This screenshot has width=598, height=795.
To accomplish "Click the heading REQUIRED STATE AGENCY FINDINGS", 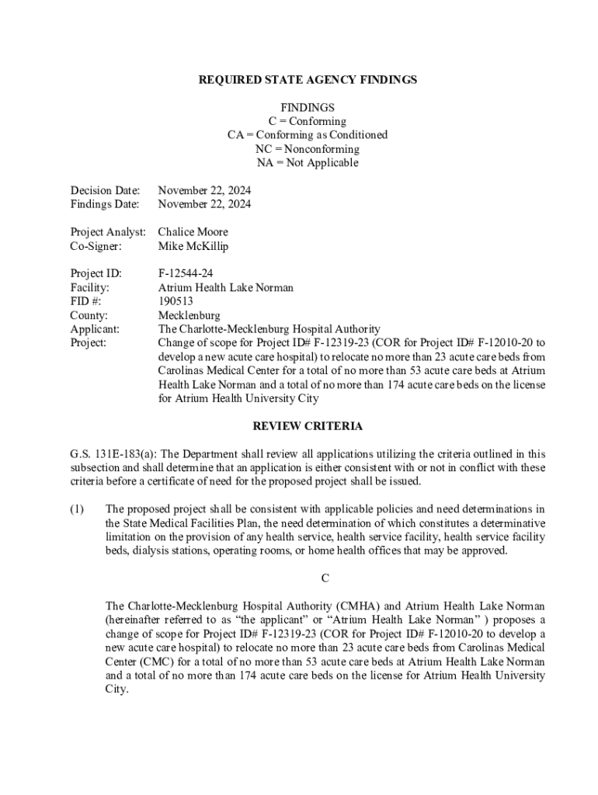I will coord(308,80).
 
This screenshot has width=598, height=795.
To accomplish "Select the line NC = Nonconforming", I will coord(308,149).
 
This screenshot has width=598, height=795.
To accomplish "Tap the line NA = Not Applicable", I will coord(308,163).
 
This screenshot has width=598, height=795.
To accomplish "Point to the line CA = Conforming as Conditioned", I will coord(308,135).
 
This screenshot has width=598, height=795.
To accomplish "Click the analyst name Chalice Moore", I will coord(193,232).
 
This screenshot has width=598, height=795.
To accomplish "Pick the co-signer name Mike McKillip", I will coord(193,246).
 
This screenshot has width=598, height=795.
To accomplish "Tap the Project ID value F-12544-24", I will coord(186,274).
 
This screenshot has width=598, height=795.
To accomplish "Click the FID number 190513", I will coord(176,301).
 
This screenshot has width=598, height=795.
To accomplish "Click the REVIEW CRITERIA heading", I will coord(308,426).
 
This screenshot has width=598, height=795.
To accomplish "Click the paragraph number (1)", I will coord(76,509).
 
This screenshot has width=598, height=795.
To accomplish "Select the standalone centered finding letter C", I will coord(326,578).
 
